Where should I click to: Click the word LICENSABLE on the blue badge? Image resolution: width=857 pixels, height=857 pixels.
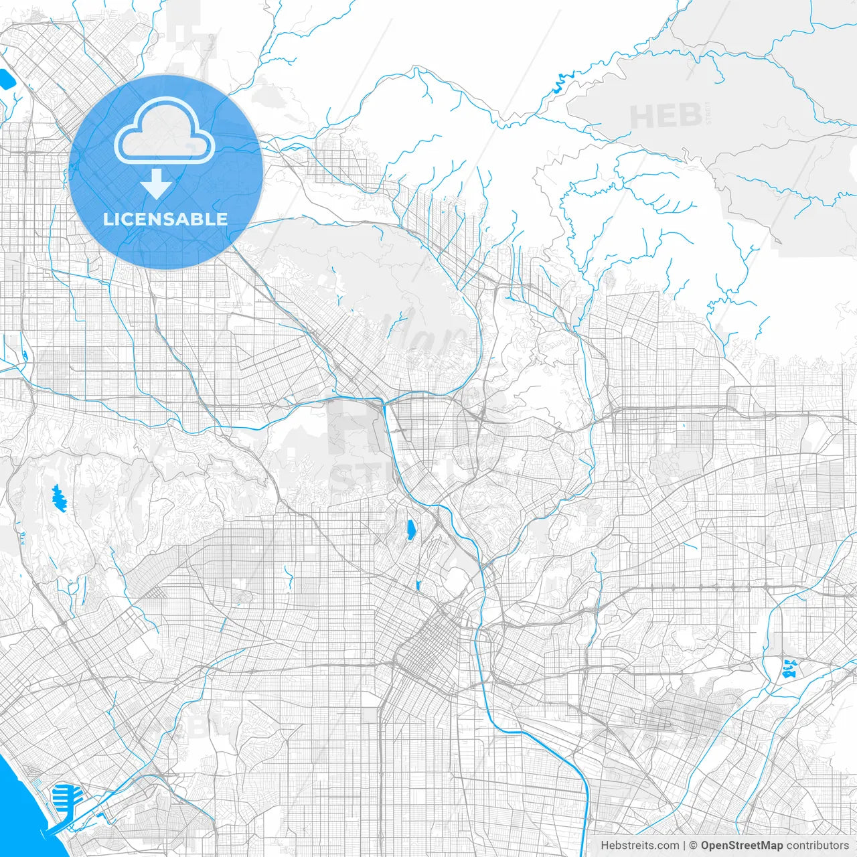coord(165,219)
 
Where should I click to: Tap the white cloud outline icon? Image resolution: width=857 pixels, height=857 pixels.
coord(165,131)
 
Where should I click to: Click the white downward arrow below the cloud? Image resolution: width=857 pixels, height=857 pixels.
coord(157,184)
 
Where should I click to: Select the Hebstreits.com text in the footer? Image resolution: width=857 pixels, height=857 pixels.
coord(639,846)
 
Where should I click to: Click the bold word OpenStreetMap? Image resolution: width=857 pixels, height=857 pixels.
coord(741,846)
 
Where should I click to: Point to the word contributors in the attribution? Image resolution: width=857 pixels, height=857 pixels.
coord(817,846)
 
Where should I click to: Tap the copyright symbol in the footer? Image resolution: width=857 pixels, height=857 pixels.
coord(694,846)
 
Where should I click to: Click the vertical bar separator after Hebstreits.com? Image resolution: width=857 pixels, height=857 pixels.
coord(684,846)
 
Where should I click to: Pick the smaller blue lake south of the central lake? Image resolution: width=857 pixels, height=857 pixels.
coord(418,586)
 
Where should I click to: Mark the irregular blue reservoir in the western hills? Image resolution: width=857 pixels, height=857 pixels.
coord(59,499)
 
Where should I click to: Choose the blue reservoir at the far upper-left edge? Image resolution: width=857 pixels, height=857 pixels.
coord(7,80)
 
